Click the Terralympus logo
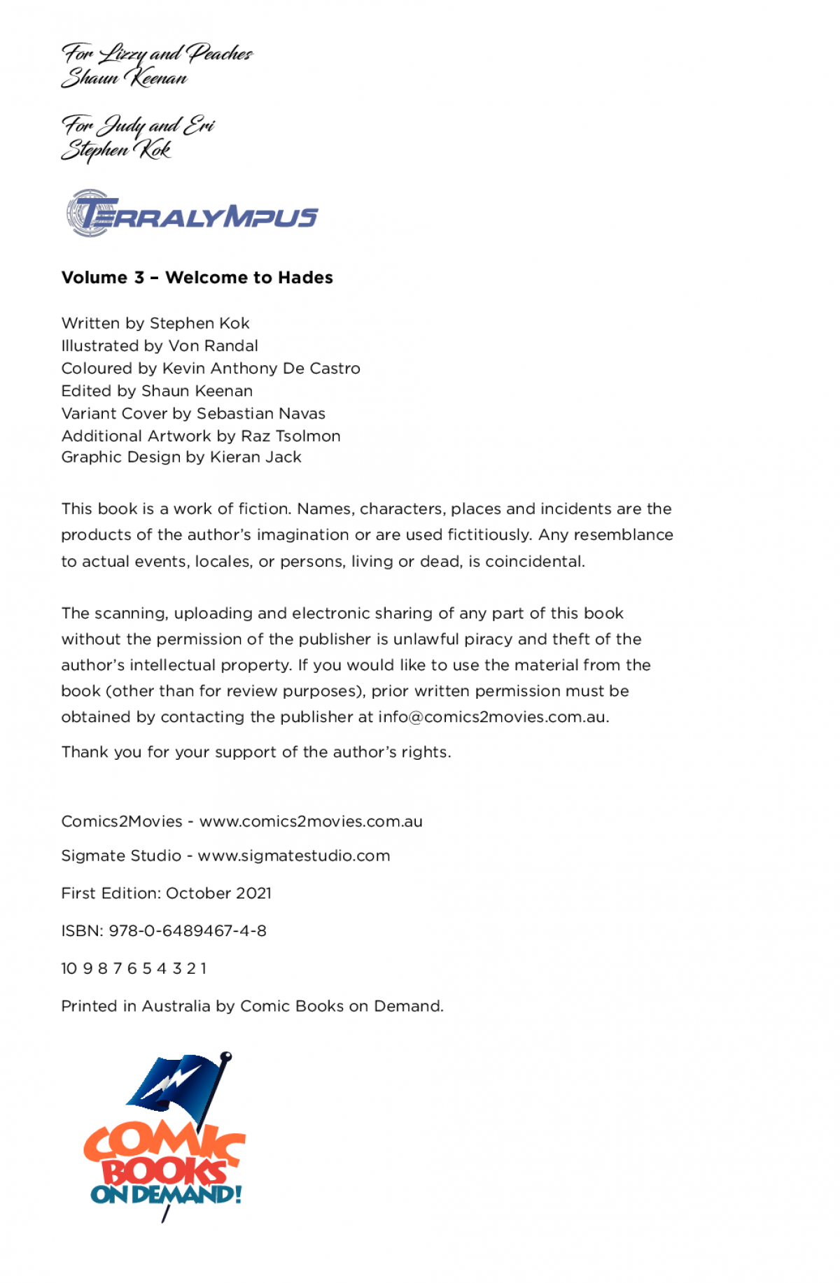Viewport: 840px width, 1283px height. click(x=192, y=213)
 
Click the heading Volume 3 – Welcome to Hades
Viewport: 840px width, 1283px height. click(x=197, y=278)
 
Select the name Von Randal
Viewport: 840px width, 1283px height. click(x=213, y=346)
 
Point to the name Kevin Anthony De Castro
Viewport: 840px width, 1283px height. click(x=261, y=368)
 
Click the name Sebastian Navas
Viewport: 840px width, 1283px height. click(x=261, y=413)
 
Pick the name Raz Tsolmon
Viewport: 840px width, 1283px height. click(x=290, y=436)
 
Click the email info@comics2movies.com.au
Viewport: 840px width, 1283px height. click(x=493, y=717)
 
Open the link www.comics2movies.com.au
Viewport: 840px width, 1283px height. click(x=311, y=821)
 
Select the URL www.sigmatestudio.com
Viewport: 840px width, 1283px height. click(x=294, y=856)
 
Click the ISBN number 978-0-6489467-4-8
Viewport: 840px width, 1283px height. click(x=188, y=930)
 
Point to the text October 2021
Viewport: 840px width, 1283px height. click(x=218, y=893)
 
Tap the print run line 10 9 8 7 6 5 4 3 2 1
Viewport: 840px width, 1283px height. click(x=134, y=968)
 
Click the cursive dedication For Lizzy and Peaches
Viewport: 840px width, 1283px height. click(x=157, y=53)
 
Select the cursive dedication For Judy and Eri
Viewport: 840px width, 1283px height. click(x=138, y=125)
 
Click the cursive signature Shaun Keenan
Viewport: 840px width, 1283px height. click(x=125, y=78)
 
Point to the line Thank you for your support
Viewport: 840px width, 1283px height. click(x=255, y=752)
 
